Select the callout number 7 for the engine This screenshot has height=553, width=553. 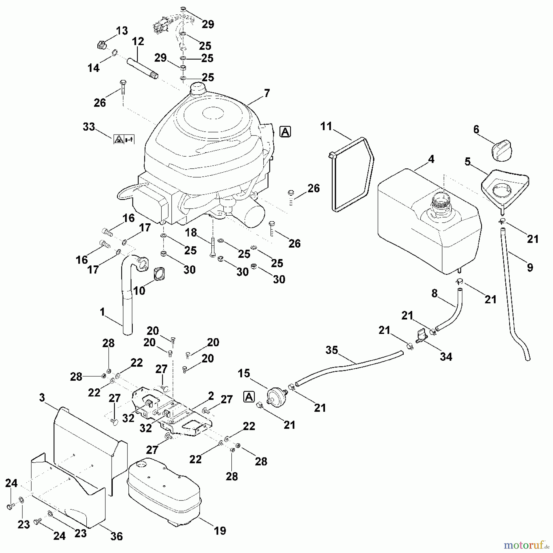point(267,93)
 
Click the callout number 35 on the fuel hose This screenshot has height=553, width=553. point(332,350)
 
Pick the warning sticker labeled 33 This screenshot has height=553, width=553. point(124,139)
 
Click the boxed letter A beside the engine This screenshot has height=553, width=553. point(285,132)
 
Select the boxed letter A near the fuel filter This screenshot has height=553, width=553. point(249,397)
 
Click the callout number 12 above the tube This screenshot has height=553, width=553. point(138,41)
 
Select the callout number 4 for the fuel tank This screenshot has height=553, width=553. point(431,159)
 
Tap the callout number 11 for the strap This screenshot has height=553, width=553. point(326,126)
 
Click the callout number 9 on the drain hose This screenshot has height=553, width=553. point(530,267)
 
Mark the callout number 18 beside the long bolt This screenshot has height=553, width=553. point(191,233)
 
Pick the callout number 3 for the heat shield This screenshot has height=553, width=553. point(42,398)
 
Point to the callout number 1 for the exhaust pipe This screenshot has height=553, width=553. point(102,312)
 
